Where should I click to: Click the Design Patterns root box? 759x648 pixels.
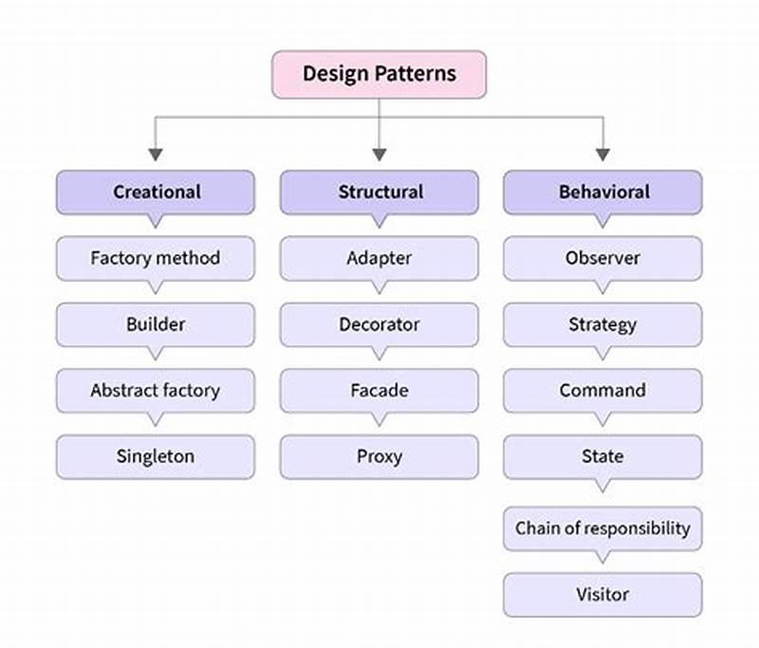coord(379,74)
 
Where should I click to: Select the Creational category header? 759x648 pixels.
coord(156,192)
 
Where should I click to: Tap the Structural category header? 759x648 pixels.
coord(379,192)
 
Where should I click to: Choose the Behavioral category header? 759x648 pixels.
coord(602,192)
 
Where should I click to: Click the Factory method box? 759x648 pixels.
coord(156,258)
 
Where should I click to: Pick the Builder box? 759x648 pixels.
coord(156,324)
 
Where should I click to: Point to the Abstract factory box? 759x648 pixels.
coord(156,390)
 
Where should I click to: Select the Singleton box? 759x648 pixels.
coord(156,456)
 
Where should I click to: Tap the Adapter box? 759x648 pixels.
coord(379,258)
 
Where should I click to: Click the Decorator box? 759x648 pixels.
coord(379,324)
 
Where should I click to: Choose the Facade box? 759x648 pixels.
coord(379,390)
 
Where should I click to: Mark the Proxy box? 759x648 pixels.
coord(379,456)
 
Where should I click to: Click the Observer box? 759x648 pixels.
coord(602,258)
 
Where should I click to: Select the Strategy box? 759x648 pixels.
coord(602,324)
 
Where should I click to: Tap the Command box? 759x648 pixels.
coord(602,390)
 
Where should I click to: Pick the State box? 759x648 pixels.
coord(602,456)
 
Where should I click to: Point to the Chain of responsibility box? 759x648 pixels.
coord(602,528)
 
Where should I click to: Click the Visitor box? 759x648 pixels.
coord(602,595)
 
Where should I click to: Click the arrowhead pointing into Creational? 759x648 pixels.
coord(156,154)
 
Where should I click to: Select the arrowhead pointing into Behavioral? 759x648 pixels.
coord(602,154)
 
